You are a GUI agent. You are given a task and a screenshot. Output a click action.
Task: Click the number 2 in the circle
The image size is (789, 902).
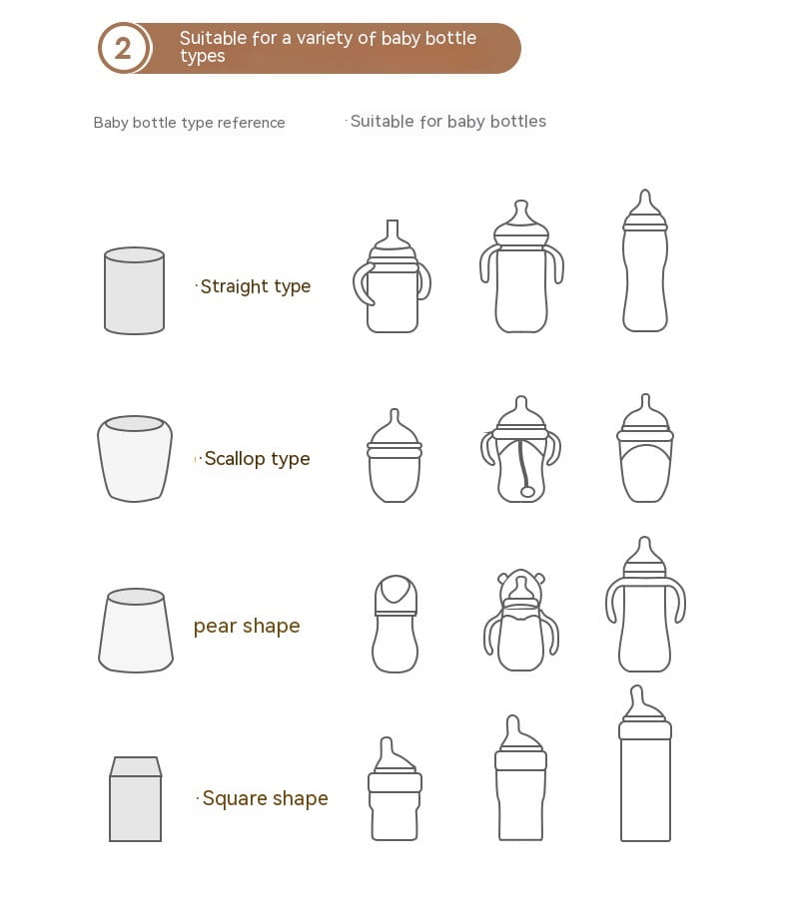coord(123,48)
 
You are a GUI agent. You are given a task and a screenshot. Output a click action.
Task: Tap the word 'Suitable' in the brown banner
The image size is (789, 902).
coord(213,38)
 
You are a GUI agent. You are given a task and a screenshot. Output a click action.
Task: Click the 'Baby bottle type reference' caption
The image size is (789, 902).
coord(189,123)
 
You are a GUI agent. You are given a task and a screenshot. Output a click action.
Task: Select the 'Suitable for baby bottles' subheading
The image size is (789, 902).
coord(448,122)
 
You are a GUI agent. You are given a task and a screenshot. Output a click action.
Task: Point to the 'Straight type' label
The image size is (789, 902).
coord(255,286)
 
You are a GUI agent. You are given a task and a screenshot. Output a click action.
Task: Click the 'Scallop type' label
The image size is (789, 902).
coord(257,459)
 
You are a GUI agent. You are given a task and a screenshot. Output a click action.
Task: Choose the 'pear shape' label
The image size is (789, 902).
coord(247,626)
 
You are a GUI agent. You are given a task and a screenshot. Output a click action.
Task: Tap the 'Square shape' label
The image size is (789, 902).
coord(265,798)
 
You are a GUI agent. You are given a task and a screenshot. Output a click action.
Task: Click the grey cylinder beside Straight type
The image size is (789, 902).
coord(134,290)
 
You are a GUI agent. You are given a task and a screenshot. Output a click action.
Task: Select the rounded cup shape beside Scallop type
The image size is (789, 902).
coord(135,458)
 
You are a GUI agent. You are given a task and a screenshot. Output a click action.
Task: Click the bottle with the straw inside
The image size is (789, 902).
coord(520,450)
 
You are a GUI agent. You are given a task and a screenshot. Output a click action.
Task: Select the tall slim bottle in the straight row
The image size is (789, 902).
coord(645,261)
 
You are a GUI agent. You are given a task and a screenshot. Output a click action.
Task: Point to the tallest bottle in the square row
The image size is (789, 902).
coord(645,764)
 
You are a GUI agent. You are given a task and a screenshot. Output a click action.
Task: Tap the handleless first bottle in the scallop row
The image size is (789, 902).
coord(394,457)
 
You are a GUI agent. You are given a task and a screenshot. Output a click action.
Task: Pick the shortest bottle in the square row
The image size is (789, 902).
coord(394,791)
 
